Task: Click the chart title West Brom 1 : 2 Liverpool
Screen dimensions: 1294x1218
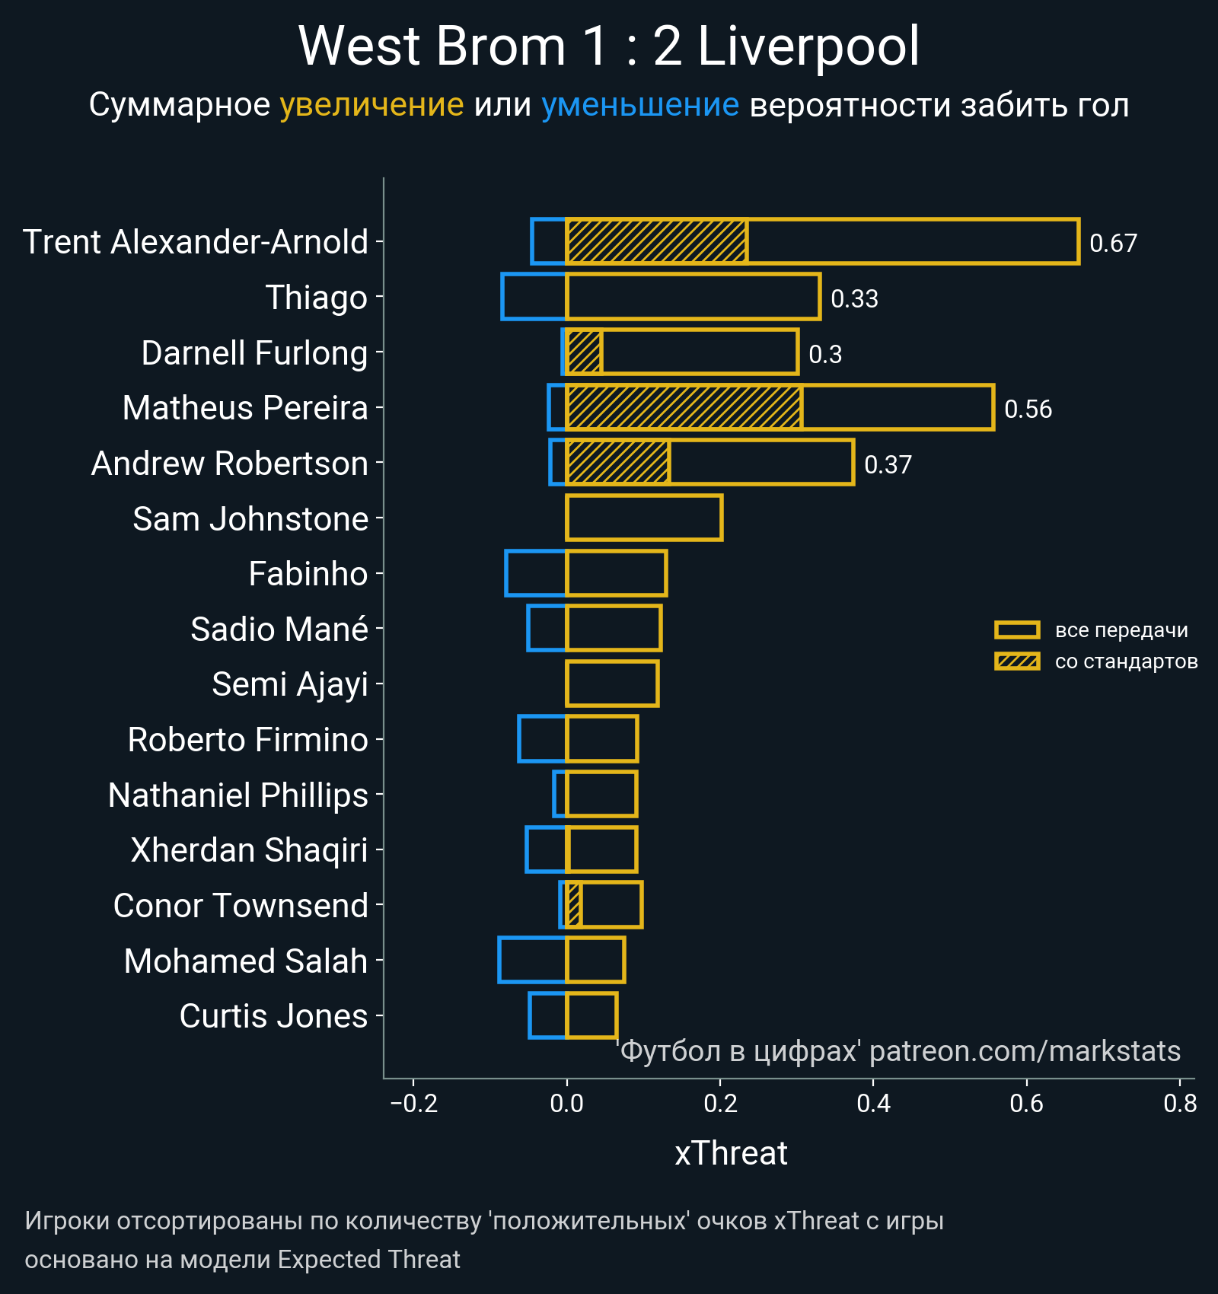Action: coord(609,47)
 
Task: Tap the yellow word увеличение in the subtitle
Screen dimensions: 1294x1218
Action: coord(371,105)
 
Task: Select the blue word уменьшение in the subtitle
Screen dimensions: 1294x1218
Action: coord(639,105)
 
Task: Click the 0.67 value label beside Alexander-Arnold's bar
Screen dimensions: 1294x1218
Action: coord(1113,244)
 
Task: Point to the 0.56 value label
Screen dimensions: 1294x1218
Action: coord(1028,410)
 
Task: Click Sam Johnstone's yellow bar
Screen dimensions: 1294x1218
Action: coord(644,518)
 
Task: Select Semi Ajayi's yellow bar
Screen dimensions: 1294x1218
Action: coord(612,684)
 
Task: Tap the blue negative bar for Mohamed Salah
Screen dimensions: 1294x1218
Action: coord(533,960)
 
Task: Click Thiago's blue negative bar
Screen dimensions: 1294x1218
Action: coord(534,296)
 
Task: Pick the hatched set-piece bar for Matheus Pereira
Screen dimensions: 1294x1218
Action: coord(684,407)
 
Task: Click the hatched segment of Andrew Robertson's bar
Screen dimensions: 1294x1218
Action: coord(618,462)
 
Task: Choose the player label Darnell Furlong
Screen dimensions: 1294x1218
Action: coord(254,353)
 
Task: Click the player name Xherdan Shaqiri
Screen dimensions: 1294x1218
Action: coord(249,850)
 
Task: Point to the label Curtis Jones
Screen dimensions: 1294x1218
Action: coord(273,1016)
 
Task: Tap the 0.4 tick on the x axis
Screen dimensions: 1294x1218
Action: coord(873,1104)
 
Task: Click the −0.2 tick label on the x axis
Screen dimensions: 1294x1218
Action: coord(413,1104)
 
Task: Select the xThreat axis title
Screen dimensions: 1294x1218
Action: coord(731,1153)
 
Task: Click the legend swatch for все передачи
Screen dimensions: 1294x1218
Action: coord(1017,630)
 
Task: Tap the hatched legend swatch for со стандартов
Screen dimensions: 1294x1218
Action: coord(1017,661)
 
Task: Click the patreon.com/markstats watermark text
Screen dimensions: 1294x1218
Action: coord(1024,1051)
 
